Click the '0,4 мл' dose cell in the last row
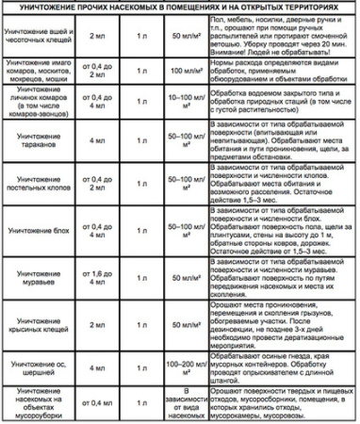pos(96,402)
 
